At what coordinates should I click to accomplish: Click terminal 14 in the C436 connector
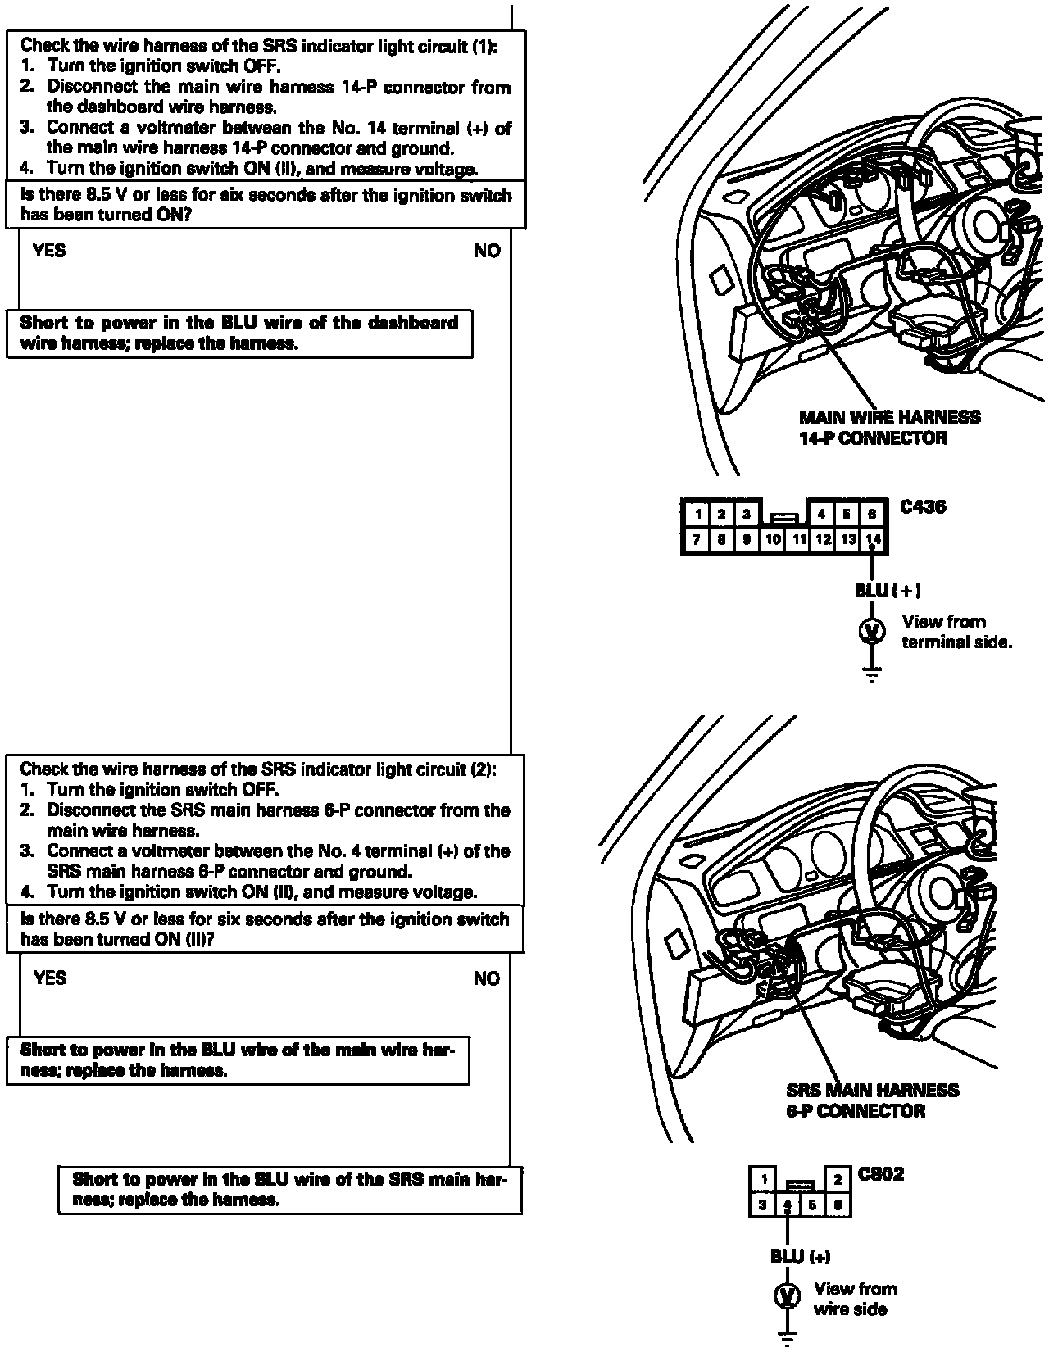click(x=874, y=539)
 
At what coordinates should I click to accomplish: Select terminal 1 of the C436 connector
click(x=697, y=515)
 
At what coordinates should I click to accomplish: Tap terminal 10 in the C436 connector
click(x=773, y=539)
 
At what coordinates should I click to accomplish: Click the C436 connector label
click(x=923, y=506)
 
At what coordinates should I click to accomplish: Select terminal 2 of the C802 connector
click(x=838, y=1180)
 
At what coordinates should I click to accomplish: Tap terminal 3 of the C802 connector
click(x=763, y=1205)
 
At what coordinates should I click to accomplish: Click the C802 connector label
click(x=880, y=1174)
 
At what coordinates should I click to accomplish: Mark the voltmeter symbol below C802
click(x=788, y=1296)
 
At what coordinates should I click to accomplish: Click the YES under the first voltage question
click(x=49, y=251)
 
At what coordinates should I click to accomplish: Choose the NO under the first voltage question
click(x=487, y=251)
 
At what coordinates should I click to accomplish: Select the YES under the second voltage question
click(x=50, y=978)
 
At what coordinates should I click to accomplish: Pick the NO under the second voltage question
click(x=487, y=978)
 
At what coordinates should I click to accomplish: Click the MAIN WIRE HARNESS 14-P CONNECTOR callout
click(x=889, y=427)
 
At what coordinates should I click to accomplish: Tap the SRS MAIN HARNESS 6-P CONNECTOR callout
click(x=872, y=1100)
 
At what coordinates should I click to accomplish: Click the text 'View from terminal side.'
click(x=956, y=632)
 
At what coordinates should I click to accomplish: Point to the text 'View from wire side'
click(x=855, y=1299)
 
